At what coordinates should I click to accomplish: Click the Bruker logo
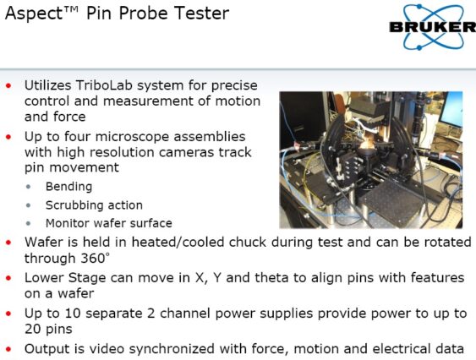tap(433, 27)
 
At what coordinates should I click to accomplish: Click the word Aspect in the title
tap(33, 14)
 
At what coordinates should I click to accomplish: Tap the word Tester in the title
tap(201, 14)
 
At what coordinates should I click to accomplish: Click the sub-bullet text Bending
tap(69, 187)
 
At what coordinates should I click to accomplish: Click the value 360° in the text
tap(95, 259)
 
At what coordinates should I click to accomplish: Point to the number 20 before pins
tap(32, 329)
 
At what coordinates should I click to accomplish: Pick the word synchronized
tap(172, 349)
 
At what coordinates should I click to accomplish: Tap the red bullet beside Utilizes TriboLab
tap(8, 86)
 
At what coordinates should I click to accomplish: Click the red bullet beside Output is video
tap(8, 349)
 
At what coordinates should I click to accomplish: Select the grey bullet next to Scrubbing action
tap(29, 206)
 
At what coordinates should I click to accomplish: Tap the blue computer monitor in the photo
tap(452, 110)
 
